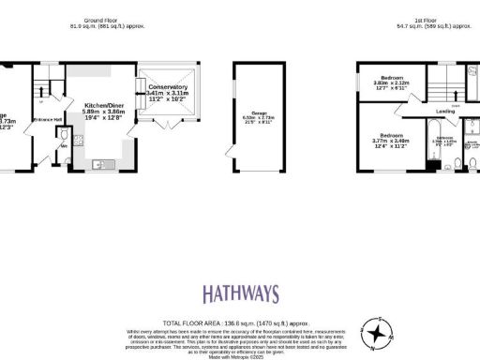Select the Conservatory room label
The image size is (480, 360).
pyautogui.click(x=169, y=87)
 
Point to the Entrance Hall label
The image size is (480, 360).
pyautogui.click(x=47, y=120)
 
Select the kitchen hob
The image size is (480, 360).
pyautogui.click(x=78, y=142)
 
